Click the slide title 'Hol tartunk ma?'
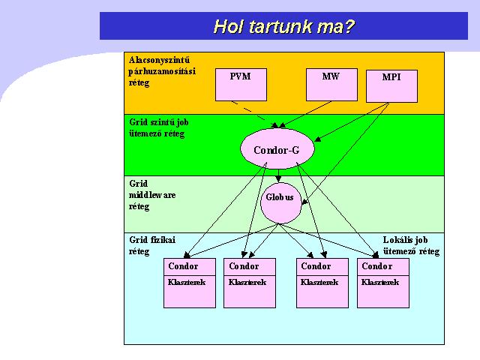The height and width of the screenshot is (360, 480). point(283,26)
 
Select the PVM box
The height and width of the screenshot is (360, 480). point(241,85)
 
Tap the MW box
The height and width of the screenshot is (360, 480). point(331,85)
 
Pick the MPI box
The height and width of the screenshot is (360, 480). point(391,86)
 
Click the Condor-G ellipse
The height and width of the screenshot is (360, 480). point(277,148)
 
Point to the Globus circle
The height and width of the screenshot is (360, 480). point(281,203)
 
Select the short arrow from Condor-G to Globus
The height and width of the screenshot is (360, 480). point(278,175)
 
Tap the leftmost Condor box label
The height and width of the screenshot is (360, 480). point(183,266)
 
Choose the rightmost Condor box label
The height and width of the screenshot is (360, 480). point(376,266)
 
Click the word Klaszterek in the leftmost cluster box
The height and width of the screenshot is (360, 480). point(187,282)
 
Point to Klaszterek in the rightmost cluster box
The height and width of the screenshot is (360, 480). point(380,282)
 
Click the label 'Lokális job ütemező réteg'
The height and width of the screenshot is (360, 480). point(411,246)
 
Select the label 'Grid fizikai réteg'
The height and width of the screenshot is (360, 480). point(152,246)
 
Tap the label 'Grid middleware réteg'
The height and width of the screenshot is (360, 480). point(152,195)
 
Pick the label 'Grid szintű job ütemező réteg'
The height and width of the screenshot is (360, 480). point(158,128)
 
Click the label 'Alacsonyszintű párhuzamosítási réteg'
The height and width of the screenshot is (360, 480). point(162,71)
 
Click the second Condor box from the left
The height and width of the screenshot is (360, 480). point(250,283)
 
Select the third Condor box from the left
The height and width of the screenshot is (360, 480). point(322,283)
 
